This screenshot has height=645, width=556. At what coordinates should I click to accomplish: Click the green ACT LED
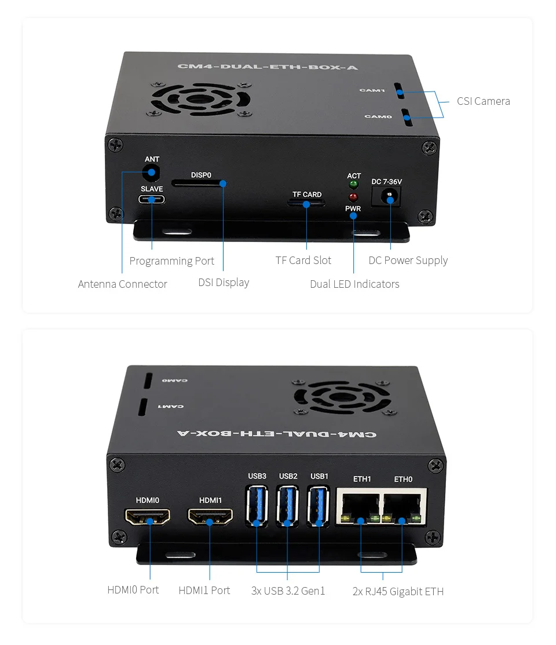(353, 185)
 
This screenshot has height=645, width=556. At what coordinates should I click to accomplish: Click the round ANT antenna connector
(152, 172)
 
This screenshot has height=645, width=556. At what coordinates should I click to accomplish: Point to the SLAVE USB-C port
(152, 199)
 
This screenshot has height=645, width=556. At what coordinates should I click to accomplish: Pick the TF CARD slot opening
(306, 203)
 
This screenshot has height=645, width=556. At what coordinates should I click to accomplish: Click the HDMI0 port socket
(148, 516)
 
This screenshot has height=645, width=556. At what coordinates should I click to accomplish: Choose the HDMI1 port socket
(210, 516)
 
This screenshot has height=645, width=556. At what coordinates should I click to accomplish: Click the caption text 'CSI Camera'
(483, 101)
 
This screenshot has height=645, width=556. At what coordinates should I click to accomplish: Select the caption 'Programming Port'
(171, 261)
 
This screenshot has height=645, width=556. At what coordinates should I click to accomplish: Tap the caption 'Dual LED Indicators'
(354, 284)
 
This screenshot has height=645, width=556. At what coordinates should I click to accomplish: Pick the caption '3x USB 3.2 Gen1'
(288, 591)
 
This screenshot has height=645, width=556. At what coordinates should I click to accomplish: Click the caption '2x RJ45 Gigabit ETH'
(398, 591)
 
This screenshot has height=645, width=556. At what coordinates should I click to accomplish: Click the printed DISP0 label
(201, 175)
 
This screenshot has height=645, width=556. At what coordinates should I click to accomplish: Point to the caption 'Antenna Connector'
(122, 284)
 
